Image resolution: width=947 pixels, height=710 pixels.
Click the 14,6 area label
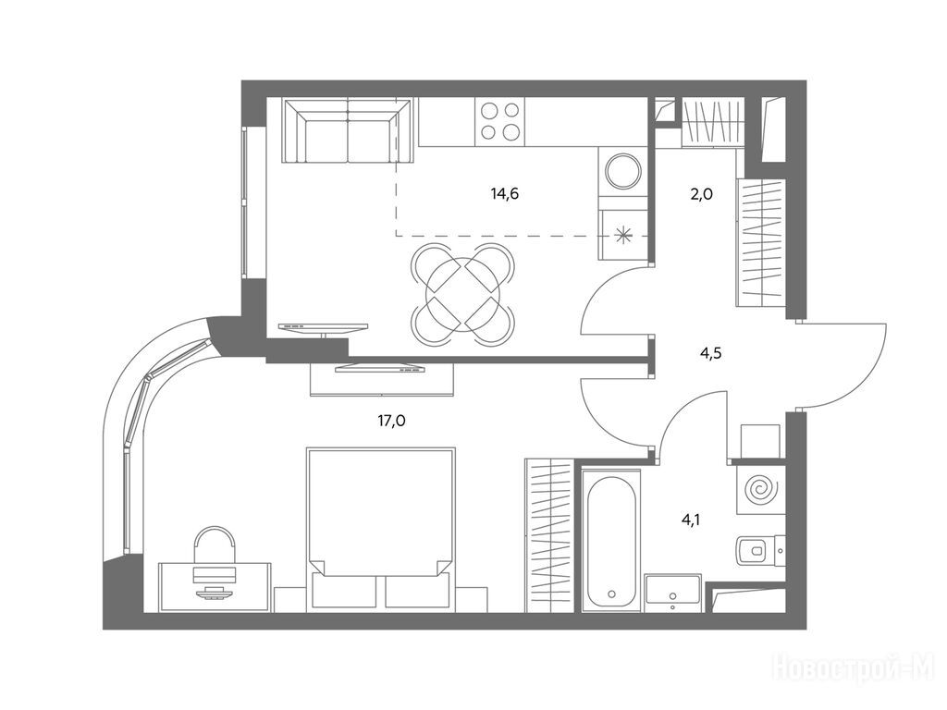point(505,194)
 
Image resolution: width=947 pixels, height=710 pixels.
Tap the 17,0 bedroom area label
point(391,421)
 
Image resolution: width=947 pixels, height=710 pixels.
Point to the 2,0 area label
point(701,194)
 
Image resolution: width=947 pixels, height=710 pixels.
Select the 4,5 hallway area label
point(711,353)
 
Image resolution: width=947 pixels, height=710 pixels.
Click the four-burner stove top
point(499,121)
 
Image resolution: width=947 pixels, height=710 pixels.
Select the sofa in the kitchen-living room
point(349,131)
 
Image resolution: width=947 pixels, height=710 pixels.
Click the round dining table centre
point(463,294)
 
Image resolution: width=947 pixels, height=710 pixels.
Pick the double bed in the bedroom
point(380,530)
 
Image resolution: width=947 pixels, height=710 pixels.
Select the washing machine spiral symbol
point(759,489)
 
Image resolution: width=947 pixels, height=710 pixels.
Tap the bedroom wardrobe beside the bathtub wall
point(548,535)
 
